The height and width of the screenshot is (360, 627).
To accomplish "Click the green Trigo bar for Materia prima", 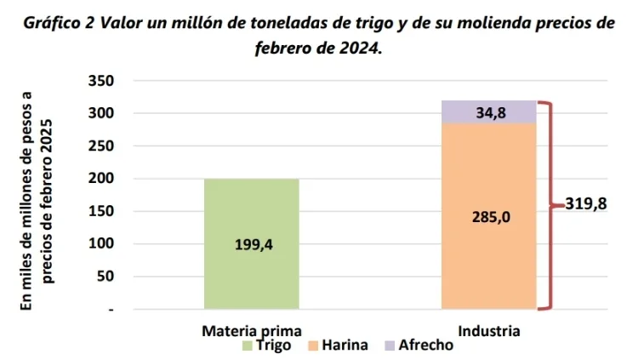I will point(251,213).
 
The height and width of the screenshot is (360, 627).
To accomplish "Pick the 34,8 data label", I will point(491,112).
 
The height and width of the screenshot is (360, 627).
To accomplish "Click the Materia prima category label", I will point(251,331).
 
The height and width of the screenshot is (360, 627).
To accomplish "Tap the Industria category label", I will point(488,331).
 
